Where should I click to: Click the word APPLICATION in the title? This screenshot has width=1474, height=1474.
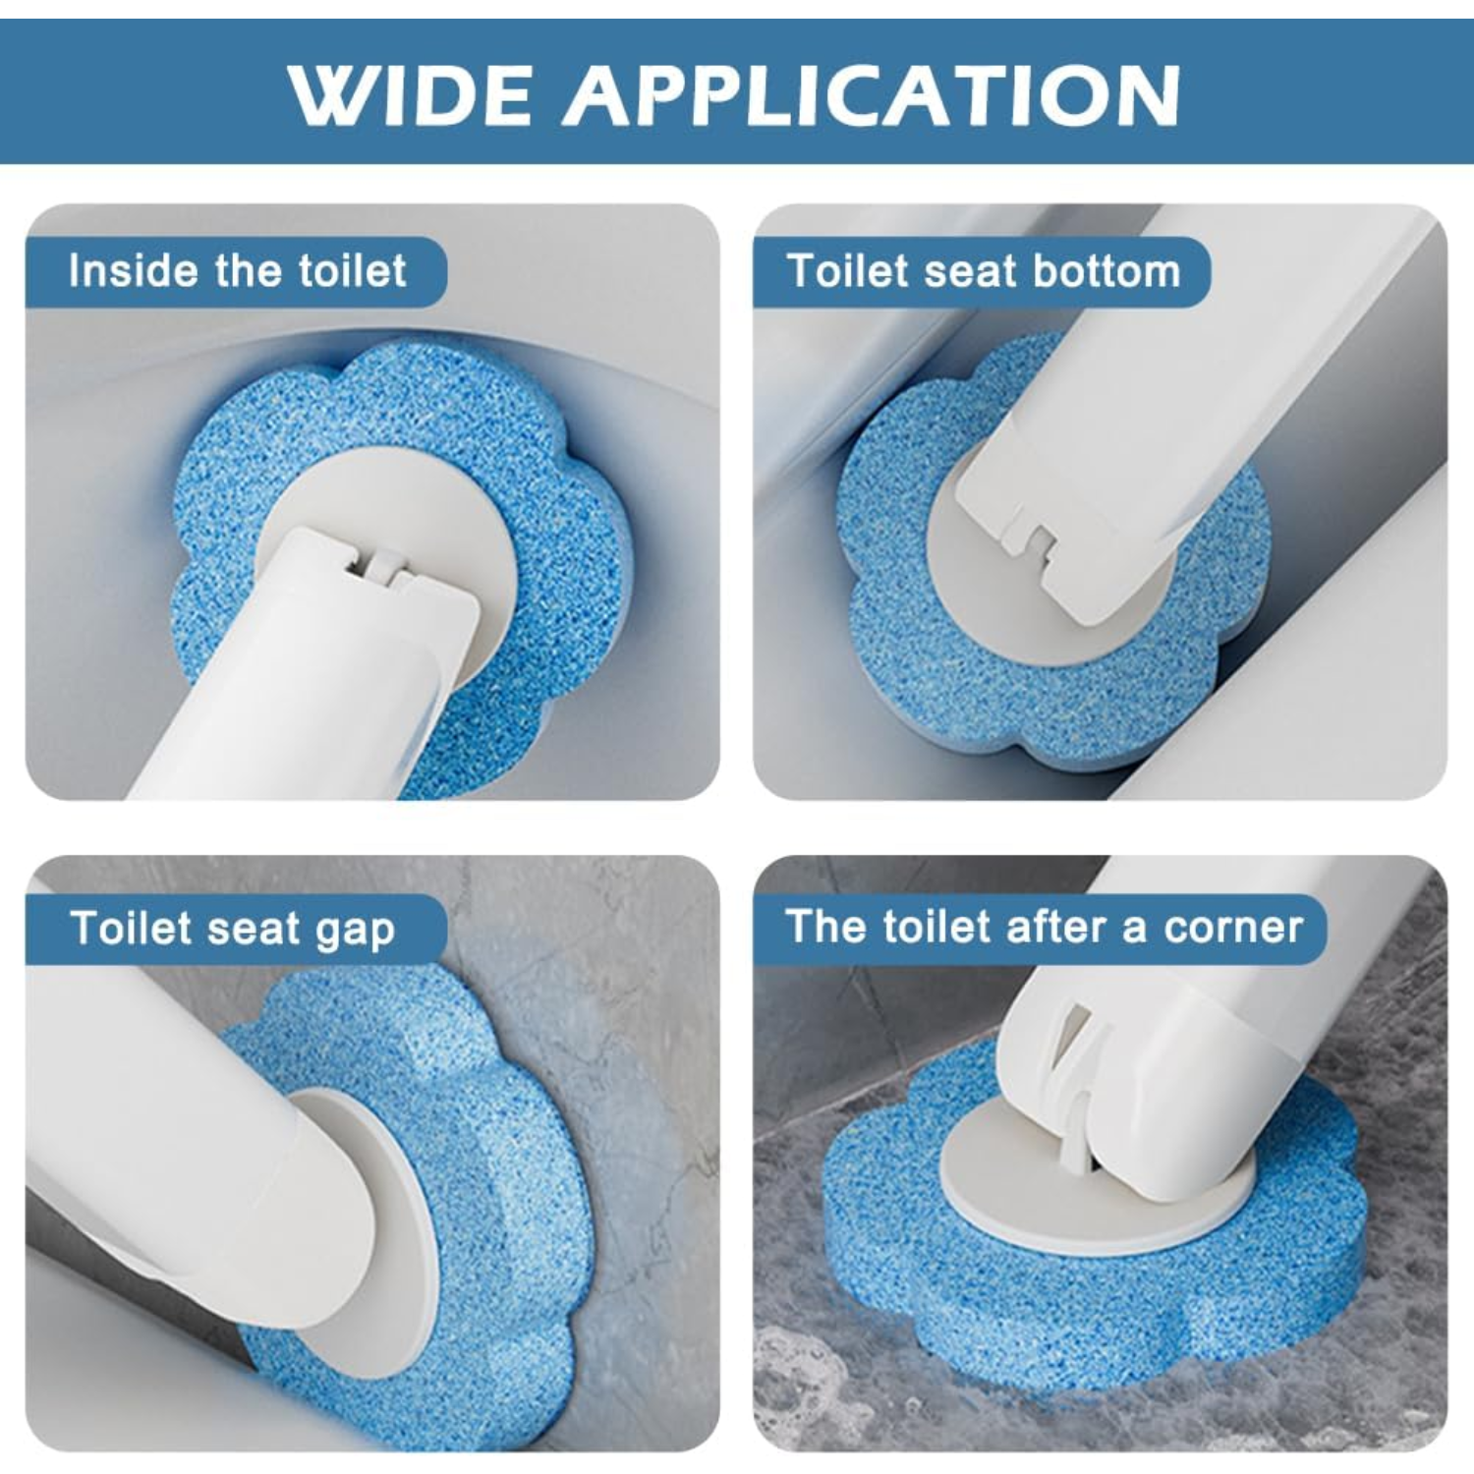point(871,95)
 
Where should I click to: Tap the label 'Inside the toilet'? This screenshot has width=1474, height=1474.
point(237,271)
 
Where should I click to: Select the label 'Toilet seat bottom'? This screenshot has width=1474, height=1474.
point(984,271)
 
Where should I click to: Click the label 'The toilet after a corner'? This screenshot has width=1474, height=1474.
point(1044,928)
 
